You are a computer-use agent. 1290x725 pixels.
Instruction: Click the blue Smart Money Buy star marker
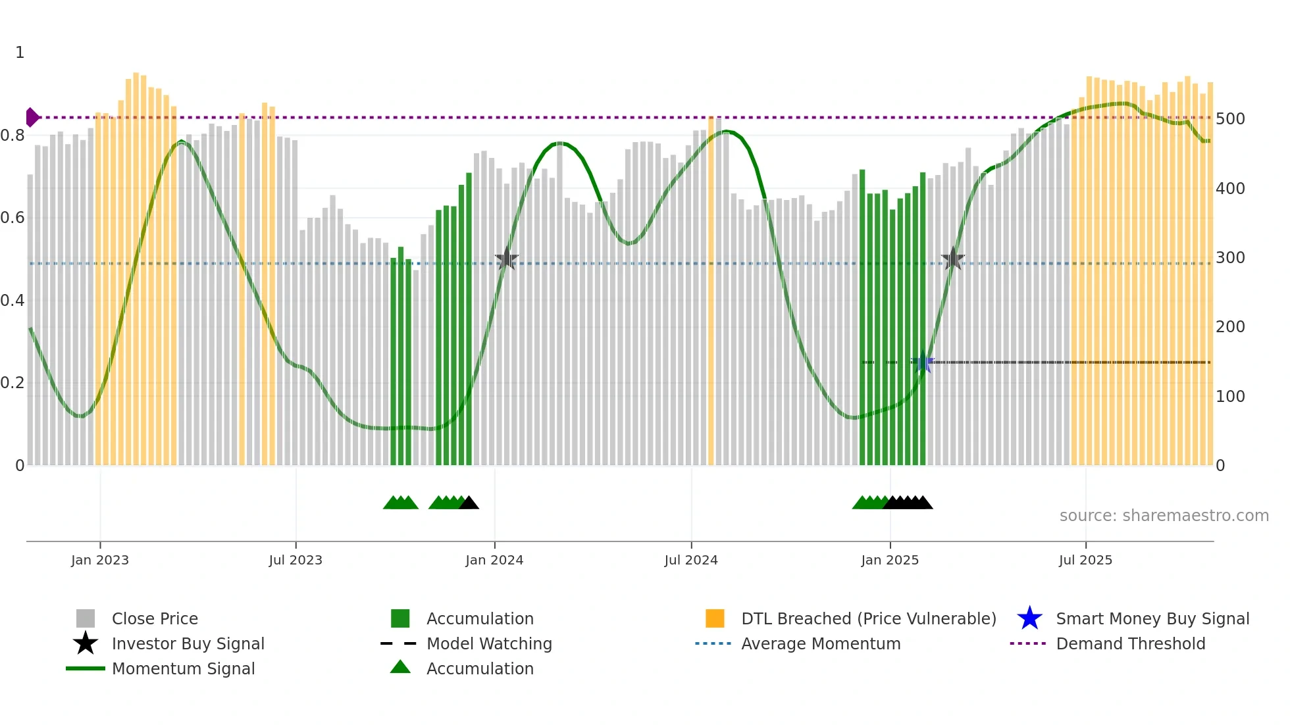click(x=923, y=362)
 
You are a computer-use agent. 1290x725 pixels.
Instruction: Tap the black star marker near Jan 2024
click(x=506, y=259)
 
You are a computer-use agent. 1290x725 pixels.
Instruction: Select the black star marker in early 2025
click(x=952, y=259)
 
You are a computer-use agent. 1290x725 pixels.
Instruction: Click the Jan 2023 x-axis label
click(x=100, y=560)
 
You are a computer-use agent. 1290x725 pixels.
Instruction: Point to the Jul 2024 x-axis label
click(x=690, y=560)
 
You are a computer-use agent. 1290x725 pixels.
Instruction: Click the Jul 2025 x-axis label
click(x=1085, y=560)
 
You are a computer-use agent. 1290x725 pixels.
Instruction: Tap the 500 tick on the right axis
click(x=1230, y=119)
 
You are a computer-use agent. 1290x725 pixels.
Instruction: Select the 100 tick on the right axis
click(x=1230, y=396)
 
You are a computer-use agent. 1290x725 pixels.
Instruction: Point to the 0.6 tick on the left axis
click(x=12, y=218)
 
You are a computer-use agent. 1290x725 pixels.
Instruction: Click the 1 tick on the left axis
click(x=20, y=53)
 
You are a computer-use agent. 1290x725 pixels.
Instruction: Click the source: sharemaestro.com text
click(x=1164, y=516)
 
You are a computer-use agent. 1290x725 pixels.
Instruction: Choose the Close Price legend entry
click(x=154, y=618)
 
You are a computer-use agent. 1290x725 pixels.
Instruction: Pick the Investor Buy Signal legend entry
click(x=188, y=643)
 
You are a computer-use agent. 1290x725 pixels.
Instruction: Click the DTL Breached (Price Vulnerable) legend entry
click(x=868, y=618)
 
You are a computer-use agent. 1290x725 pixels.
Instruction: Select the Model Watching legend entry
click(x=488, y=643)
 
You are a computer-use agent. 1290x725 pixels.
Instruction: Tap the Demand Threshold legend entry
click(x=1130, y=643)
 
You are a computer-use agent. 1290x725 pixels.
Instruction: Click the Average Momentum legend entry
click(x=820, y=643)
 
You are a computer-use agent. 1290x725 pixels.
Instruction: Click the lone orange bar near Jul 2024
click(x=711, y=289)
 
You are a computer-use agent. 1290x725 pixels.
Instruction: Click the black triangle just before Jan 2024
click(x=469, y=503)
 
